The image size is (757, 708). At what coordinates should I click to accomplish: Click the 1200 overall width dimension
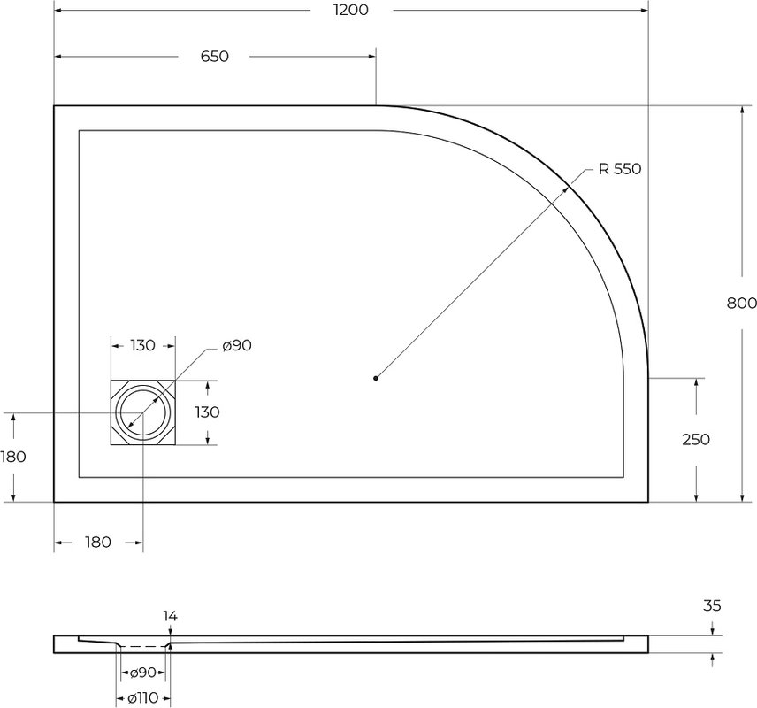(351, 10)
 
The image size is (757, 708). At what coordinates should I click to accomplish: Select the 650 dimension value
(214, 57)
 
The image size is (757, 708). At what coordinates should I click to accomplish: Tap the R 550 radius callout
(620, 169)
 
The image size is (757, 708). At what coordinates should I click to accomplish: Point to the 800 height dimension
(742, 303)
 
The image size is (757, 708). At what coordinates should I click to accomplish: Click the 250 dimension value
(696, 439)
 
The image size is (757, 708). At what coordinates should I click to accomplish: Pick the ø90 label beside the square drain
(237, 345)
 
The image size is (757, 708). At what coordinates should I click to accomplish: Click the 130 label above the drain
(143, 345)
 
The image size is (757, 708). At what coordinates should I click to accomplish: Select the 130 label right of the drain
(207, 412)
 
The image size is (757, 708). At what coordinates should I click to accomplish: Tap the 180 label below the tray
(98, 543)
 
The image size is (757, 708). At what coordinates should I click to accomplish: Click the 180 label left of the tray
(13, 457)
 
